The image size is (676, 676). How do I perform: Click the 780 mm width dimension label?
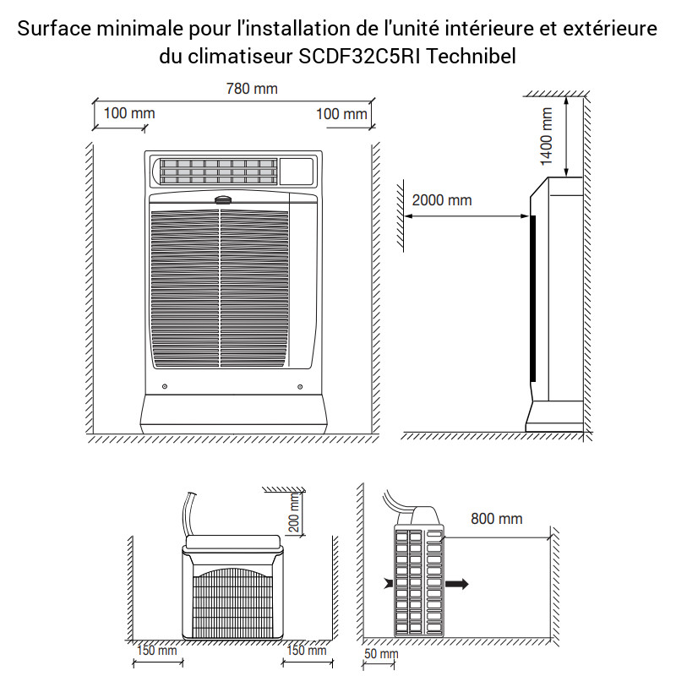(252, 89)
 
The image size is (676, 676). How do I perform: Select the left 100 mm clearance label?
(129, 113)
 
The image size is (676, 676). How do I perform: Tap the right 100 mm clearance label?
(341, 114)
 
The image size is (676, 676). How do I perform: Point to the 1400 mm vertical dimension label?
(546, 136)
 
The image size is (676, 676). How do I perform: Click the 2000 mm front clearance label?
(442, 200)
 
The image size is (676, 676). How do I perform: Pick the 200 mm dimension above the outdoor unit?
(293, 513)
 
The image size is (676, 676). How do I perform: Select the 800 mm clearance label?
(497, 519)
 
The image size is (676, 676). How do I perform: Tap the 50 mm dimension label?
(381, 653)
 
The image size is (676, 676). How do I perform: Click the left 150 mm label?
(157, 650)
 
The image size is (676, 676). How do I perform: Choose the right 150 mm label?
(307, 650)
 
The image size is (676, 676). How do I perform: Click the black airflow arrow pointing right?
(456, 584)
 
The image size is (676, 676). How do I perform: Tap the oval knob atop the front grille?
(223, 200)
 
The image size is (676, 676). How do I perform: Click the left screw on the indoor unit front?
(165, 386)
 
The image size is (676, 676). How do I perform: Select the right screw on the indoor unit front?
(300, 387)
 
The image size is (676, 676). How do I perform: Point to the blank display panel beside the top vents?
(297, 172)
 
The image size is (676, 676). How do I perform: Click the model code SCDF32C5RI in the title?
(359, 56)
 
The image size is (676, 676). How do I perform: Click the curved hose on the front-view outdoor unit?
(189, 515)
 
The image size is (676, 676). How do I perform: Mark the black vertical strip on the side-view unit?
(533, 299)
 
